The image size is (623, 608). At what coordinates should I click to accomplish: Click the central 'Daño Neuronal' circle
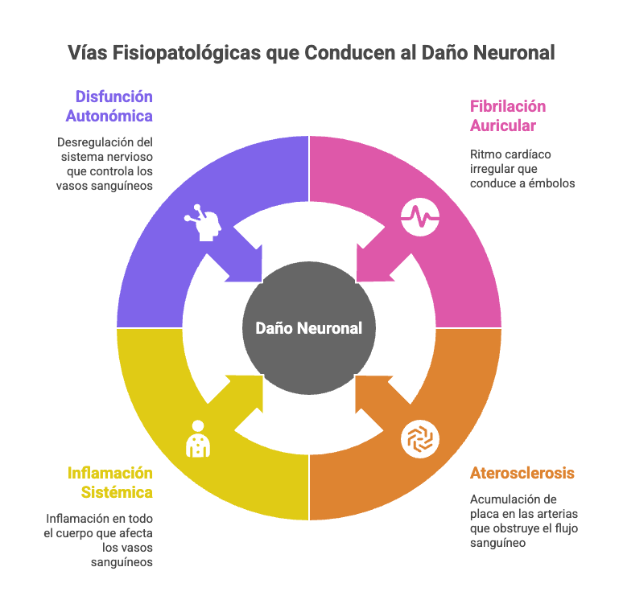[x=309, y=328]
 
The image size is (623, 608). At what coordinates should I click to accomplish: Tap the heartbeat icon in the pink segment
[x=420, y=216]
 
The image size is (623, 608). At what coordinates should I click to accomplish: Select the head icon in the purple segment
[x=202, y=220]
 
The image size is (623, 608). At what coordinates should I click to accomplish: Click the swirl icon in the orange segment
[x=420, y=439]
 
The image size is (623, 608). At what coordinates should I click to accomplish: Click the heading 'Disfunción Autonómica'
[x=110, y=106]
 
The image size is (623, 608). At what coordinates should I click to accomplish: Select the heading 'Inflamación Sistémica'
[x=110, y=482]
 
